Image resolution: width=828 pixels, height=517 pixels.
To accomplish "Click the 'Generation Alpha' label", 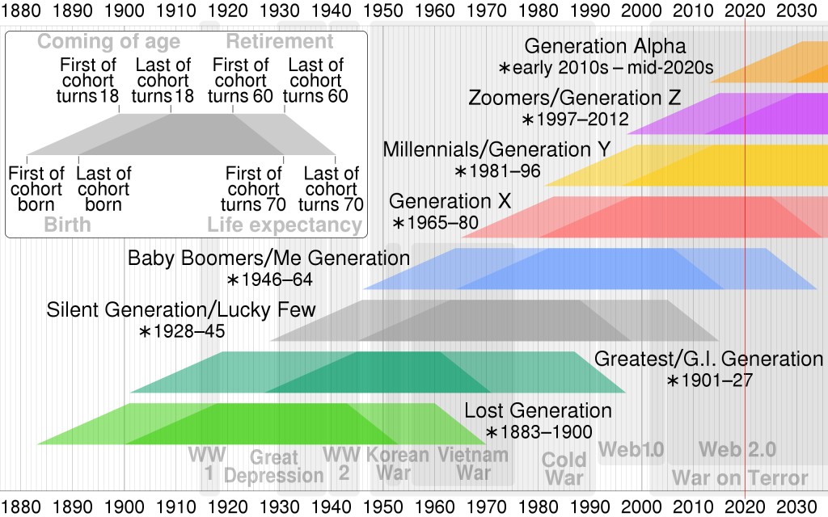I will (605, 47).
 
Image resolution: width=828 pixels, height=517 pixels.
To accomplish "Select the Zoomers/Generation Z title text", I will (574, 99).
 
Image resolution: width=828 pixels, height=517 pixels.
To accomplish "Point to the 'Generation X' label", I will (450, 201).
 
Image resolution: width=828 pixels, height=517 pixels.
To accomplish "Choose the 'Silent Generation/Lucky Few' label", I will (181, 310).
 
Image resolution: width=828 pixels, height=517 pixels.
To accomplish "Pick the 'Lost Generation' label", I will (538, 410).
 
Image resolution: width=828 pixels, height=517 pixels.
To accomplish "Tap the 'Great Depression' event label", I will (273, 467).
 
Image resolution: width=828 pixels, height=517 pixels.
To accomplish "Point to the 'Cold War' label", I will (564, 469).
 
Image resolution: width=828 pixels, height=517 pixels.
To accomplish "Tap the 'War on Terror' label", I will (740, 477).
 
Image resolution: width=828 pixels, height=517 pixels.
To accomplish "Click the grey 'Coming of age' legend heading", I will (109, 42).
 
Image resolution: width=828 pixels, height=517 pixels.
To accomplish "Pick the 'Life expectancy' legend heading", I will (284, 225).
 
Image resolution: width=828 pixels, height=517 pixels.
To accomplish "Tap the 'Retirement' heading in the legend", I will (279, 42).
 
